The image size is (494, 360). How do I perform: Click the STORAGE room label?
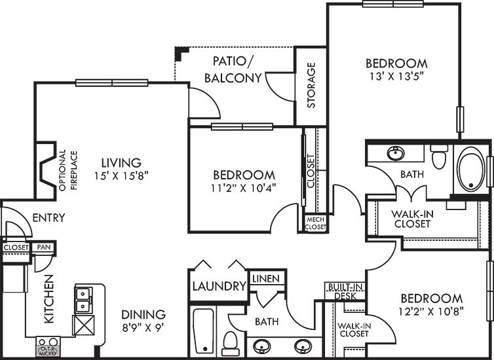click(x=311, y=85)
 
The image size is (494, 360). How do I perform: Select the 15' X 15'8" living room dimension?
click(x=121, y=175)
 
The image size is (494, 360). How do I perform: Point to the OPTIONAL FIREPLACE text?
click(x=67, y=170)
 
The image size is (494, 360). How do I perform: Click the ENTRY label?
click(x=49, y=217)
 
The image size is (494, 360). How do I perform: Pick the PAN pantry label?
click(x=44, y=247)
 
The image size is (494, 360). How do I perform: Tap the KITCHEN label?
click(x=49, y=299)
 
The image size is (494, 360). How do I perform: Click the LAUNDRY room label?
click(x=219, y=287)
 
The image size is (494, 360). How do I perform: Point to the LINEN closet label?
click(x=266, y=278)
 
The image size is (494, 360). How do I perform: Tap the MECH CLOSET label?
click(x=316, y=223)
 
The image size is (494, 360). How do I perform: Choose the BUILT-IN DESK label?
click(x=345, y=291)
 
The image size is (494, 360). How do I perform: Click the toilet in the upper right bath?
click(x=439, y=156)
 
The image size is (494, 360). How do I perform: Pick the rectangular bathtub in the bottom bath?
click(x=203, y=331)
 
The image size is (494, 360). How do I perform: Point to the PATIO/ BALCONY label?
click(x=233, y=69)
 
